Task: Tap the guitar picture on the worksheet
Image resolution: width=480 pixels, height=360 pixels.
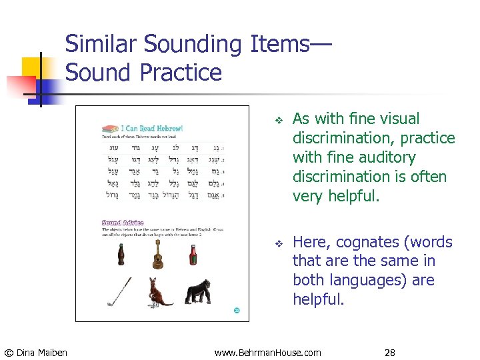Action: tap(157, 253)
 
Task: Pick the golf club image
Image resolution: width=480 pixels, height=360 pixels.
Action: tap(119, 292)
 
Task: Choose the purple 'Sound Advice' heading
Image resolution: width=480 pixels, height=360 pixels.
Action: tap(123, 222)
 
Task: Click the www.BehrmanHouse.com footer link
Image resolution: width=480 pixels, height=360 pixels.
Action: tap(267, 352)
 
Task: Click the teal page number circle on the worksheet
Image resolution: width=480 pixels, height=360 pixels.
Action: tap(236, 310)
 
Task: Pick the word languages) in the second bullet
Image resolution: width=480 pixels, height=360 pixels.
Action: tap(367, 281)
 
